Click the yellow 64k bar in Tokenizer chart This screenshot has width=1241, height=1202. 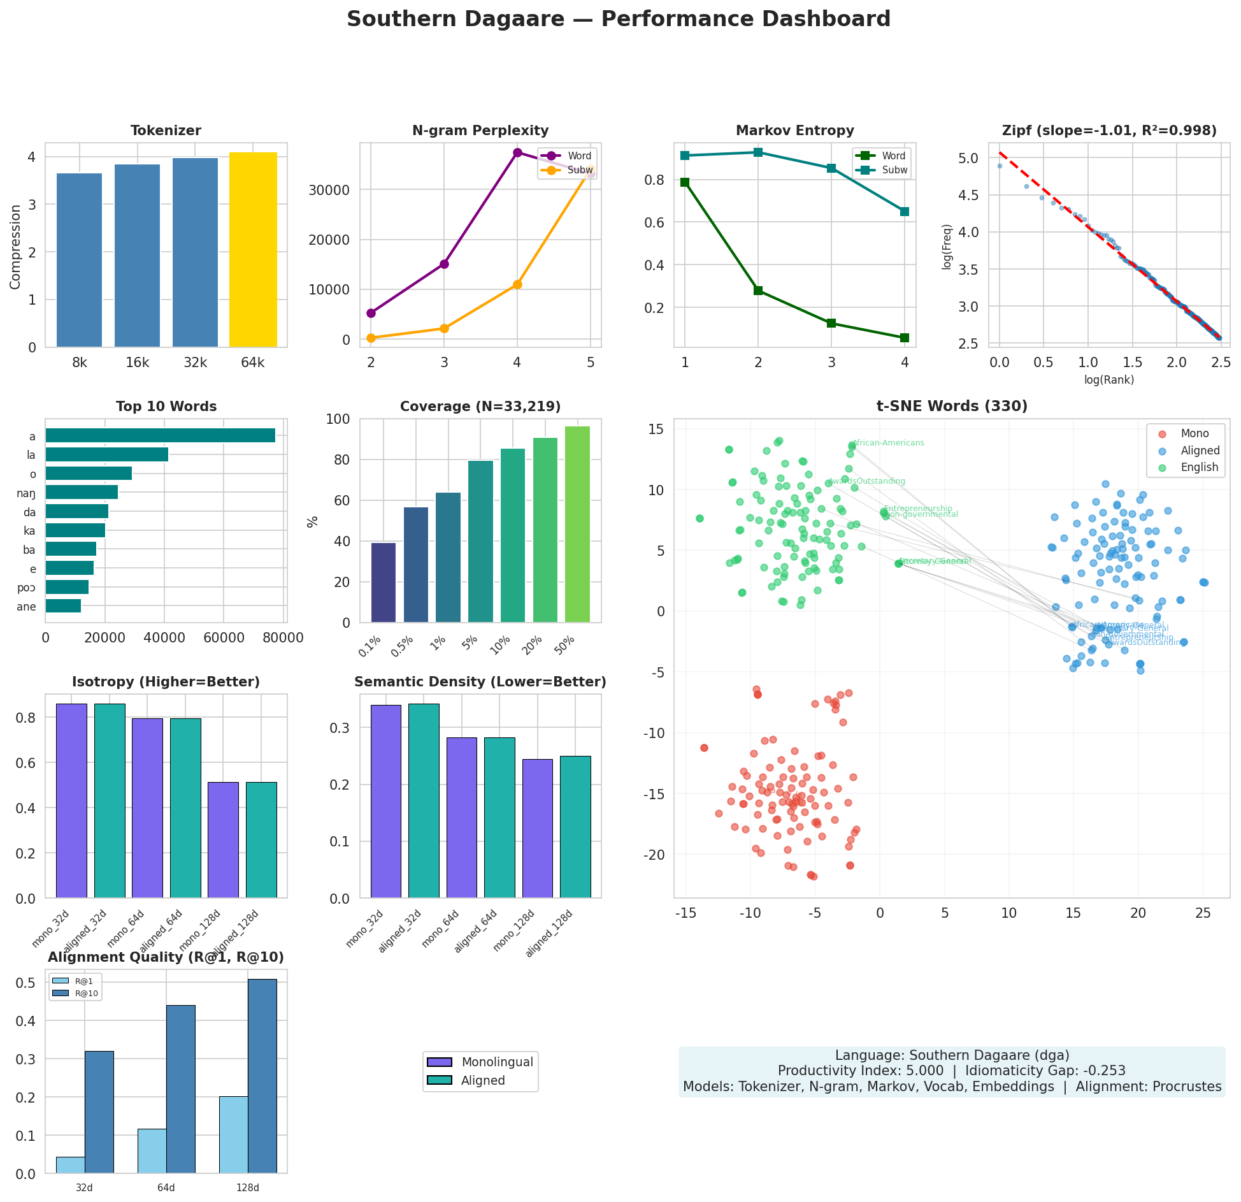(253, 249)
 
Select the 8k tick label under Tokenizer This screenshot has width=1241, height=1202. (80, 363)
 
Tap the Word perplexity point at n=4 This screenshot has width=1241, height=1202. (517, 152)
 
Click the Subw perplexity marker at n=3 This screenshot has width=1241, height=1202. (444, 328)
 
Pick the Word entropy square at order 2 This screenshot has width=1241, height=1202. (758, 290)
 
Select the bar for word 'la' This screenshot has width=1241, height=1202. (106, 454)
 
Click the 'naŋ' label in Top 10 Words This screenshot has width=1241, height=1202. (27, 493)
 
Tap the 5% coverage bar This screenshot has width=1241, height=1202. (480, 541)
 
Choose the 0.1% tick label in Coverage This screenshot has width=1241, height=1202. (370, 648)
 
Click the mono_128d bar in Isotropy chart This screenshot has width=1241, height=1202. (223, 839)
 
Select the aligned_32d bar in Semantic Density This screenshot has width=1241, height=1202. (424, 800)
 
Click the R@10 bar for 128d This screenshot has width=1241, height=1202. (262, 1076)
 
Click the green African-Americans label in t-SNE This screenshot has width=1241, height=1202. (888, 443)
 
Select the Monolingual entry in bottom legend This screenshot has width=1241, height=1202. (497, 1062)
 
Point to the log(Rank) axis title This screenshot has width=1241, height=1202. (1109, 380)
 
